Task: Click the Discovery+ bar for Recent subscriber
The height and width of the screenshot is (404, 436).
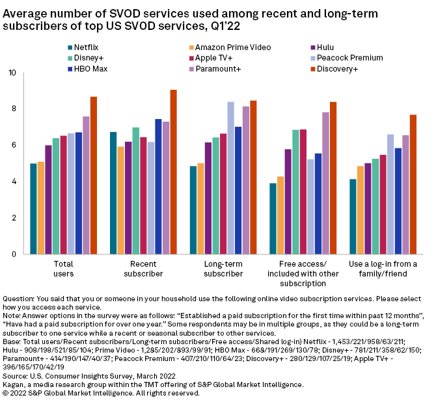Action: click(173, 172)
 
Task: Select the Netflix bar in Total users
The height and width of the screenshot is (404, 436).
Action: click(33, 209)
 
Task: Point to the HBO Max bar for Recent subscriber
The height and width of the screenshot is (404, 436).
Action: click(158, 187)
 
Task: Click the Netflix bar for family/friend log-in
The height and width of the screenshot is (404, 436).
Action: click(352, 217)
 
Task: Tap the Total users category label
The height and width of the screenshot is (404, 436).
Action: click(64, 269)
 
